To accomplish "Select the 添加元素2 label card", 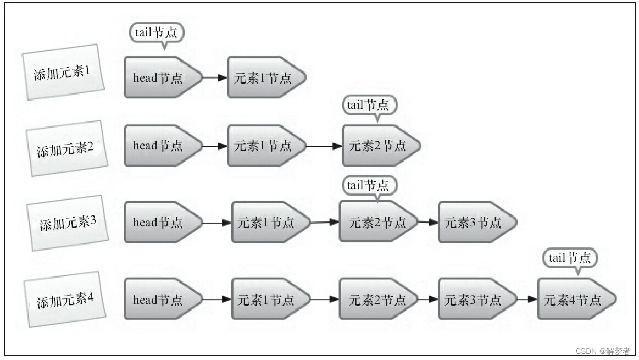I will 65,148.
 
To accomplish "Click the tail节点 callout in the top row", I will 156,32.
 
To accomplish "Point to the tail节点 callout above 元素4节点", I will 569,257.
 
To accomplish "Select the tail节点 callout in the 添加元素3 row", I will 368,185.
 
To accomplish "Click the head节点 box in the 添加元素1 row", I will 160,77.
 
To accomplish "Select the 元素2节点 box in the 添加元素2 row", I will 379,146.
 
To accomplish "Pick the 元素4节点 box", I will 574,300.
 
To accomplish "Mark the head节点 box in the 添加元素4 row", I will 160,300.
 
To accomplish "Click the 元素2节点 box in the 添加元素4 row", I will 375,300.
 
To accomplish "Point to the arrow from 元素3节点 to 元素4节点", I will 527,300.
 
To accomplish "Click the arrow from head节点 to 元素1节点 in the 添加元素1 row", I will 215,77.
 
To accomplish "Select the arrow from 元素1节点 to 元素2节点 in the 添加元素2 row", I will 324,146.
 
